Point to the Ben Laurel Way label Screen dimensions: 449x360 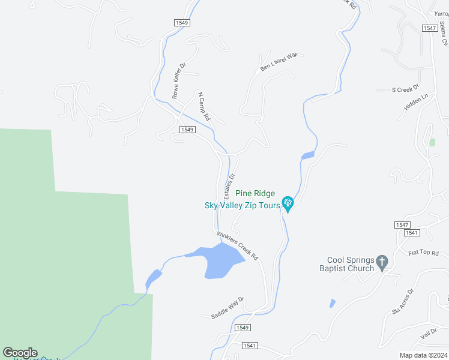click(279, 62)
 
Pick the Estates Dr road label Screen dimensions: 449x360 click(229, 186)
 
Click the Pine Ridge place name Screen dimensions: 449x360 click(255, 193)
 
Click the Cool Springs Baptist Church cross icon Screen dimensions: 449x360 click(382, 262)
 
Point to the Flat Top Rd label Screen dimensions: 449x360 click(424, 253)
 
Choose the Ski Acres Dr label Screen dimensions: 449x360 click(403, 302)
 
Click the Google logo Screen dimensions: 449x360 click(20, 353)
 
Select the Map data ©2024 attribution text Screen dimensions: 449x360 click(423, 355)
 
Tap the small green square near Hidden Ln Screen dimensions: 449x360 click(432, 142)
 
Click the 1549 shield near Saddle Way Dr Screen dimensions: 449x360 click(242, 328)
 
